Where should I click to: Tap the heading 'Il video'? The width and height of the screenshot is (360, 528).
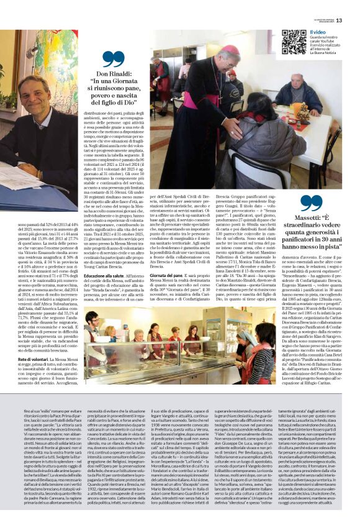(x=318, y=31)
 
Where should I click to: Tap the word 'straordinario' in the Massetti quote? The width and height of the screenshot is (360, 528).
(x=306, y=225)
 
